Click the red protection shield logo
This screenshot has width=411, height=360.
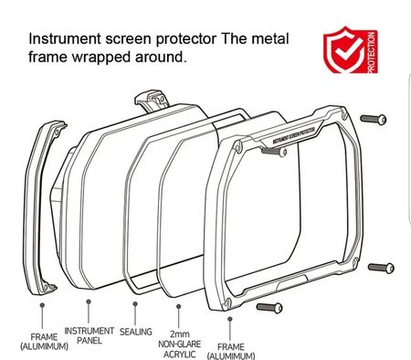coord(351,50)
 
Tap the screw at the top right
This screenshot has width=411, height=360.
coord(374,119)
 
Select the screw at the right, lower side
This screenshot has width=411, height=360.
coord(381,268)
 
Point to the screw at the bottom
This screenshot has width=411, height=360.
coord(269,307)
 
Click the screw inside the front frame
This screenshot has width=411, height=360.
coord(274,151)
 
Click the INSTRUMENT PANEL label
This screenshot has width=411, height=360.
coord(90,335)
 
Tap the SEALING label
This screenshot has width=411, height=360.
coord(135,332)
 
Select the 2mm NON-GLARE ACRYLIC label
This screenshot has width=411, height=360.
coord(180,344)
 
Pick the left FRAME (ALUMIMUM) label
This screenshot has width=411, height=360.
coord(44,342)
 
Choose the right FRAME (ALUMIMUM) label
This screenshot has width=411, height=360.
coord(231,351)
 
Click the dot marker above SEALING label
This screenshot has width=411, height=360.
coord(135,303)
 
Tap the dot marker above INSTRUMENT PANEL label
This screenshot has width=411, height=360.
coord(89,302)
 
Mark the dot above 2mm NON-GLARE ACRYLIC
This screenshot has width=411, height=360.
coord(179,306)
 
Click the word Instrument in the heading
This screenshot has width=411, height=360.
coord(65,39)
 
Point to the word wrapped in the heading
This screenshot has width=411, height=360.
coord(103,58)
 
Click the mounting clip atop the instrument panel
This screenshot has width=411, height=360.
coord(152,100)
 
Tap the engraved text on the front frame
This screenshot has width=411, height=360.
coord(293,135)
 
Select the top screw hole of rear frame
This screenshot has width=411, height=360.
coord(57,132)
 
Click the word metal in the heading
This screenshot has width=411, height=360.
coord(270,39)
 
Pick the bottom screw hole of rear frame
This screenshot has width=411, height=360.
coord(46,285)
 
